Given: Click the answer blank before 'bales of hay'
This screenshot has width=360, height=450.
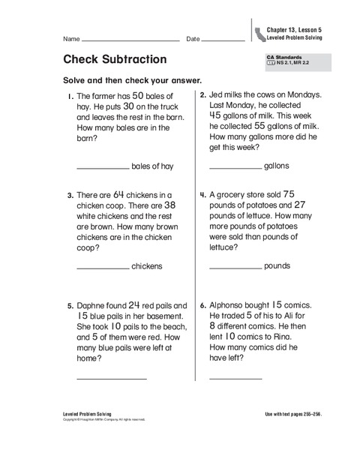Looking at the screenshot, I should [x=103, y=167].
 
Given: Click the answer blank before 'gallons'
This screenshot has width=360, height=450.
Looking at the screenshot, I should [x=235, y=167].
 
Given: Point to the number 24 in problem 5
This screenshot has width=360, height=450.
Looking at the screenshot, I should [x=134, y=305].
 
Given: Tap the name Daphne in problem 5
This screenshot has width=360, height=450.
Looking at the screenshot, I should [x=91, y=306].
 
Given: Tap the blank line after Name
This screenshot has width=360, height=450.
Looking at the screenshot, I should [x=128, y=40].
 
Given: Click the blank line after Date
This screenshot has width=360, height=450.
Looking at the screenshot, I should [x=223, y=40].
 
